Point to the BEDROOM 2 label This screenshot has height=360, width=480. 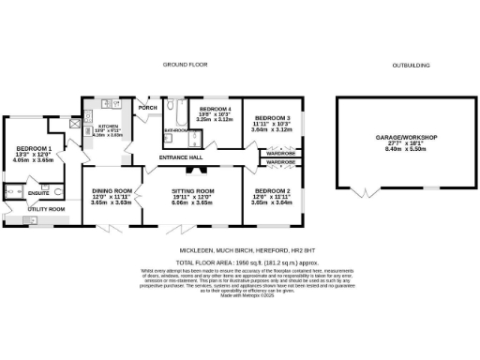click(x=272, y=190)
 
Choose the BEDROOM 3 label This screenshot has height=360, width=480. click(x=272, y=118)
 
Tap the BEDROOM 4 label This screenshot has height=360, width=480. click(x=215, y=109)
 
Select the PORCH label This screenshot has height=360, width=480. click(x=147, y=106)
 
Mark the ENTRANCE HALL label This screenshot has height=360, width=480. click(x=181, y=157)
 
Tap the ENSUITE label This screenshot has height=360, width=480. click(x=37, y=193)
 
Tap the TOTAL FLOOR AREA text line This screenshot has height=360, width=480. click(x=239, y=262)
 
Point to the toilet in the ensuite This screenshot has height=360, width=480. click(x=59, y=194)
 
